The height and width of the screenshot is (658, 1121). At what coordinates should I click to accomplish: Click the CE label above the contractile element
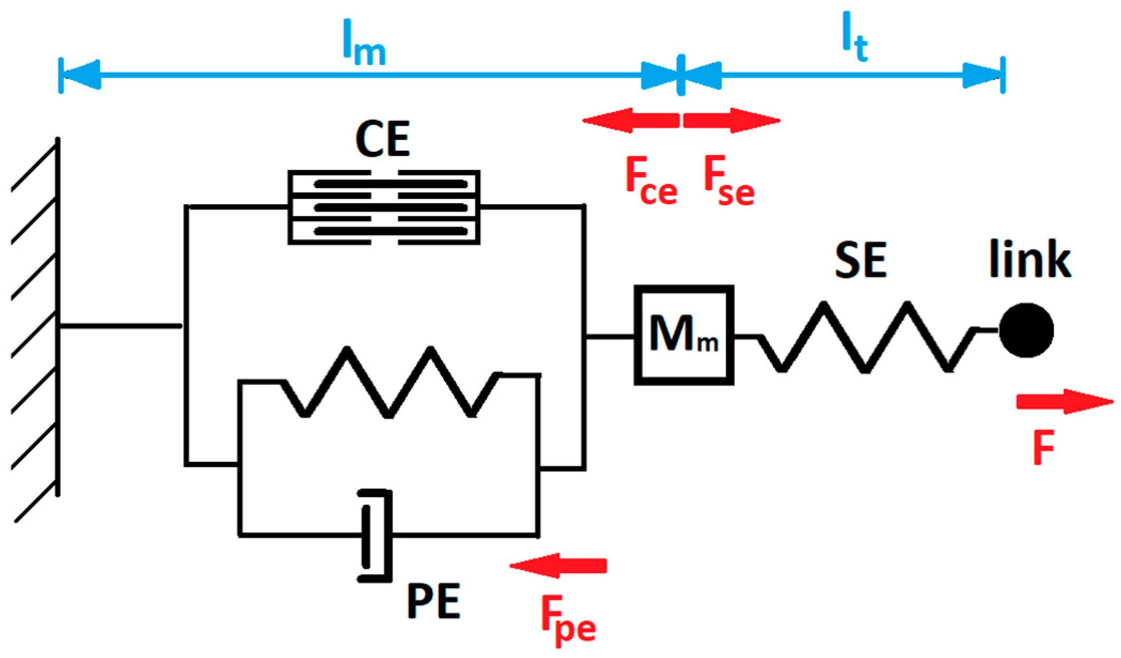click(382, 139)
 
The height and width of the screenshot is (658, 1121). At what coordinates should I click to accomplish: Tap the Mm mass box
click(684, 335)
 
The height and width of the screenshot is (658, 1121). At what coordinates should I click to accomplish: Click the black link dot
click(1026, 330)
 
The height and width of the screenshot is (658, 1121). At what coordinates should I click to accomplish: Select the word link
click(1029, 260)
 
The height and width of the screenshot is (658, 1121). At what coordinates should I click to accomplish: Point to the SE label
click(860, 260)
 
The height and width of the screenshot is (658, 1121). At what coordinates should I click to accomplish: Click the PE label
click(433, 601)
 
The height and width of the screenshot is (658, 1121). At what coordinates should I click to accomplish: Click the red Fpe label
click(568, 620)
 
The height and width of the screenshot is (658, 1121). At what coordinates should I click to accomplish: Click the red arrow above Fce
click(630, 120)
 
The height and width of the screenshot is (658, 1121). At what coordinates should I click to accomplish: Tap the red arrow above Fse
click(732, 120)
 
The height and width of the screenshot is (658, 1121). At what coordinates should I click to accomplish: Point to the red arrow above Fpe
click(558, 566)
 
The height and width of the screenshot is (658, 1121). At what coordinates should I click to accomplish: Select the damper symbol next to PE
click(375, 535)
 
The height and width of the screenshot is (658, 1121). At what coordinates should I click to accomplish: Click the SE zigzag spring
click(865, 337)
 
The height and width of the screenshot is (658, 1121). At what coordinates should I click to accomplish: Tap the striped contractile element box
click(383, 207)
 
